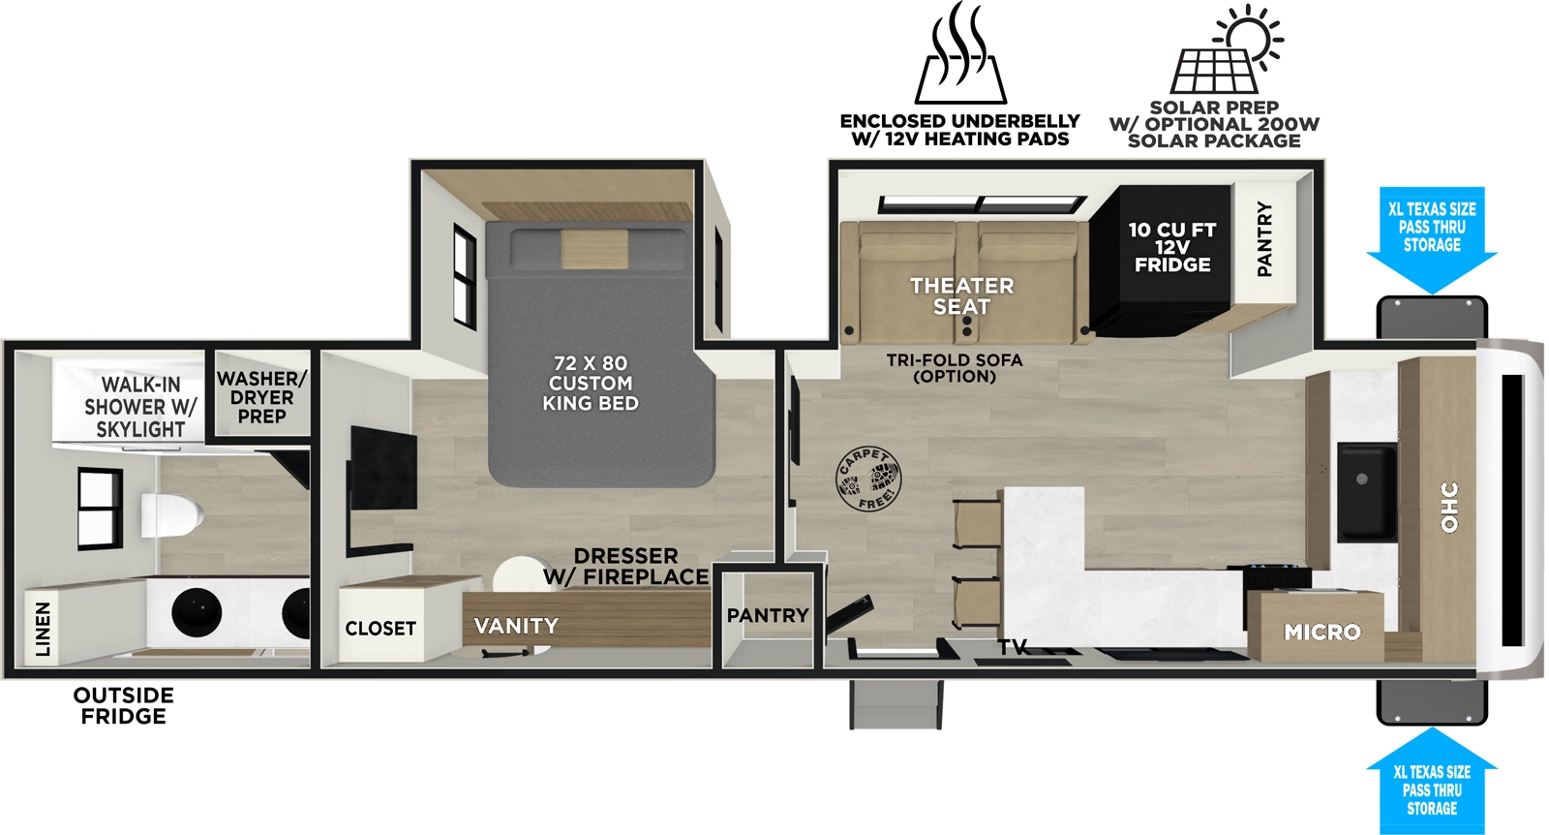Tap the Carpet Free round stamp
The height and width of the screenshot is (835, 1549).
point(867,479)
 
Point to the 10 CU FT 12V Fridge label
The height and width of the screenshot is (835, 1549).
point(1171,247)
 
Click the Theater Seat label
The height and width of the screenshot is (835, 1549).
point(961,296)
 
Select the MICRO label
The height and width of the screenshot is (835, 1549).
point(1321,633)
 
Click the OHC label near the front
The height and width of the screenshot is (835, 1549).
point(1449,507)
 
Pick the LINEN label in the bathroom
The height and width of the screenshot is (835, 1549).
point(43,628)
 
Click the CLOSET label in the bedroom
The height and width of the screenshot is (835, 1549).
point(380,629)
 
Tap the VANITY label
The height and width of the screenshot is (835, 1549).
point(516,627)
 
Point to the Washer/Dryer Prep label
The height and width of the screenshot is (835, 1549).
point(261,397)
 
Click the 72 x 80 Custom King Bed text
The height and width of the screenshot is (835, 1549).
point(591,384)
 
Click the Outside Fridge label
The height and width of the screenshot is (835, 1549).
point(124,706)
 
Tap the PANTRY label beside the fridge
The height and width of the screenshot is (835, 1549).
point(1264,238)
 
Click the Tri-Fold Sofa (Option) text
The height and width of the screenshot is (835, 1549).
point(955,368)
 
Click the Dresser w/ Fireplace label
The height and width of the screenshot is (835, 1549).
point(625,567)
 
